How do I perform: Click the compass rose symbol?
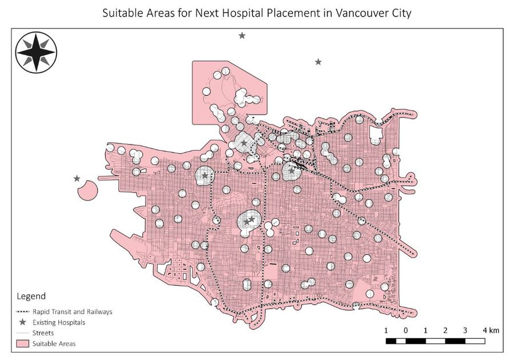pos(36,53)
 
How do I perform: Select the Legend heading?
pos(30,297)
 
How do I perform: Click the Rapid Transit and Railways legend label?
pos(72,312)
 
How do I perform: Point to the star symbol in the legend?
pos(22,322)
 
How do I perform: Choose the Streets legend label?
pos(43,333)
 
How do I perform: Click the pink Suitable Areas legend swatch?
pos(22,343)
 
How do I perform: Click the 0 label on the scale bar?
pos(405,330)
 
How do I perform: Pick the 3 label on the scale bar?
pos(465,330)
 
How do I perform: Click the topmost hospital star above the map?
pos(242,35)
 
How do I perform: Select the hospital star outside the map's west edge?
pos(77,178)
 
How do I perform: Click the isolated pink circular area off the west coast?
pos(87,190)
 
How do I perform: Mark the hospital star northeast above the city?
pos(318,62)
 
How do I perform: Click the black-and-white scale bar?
pos(435,341)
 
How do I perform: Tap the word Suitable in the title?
pos(122,13)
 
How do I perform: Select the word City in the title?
pos(399,13)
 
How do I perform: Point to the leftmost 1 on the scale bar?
pos(386,330)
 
